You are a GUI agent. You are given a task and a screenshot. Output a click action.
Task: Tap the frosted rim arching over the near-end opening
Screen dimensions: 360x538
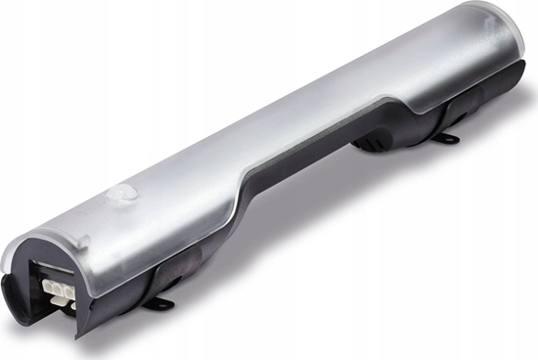pyautogui.click(x=39, y=235)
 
